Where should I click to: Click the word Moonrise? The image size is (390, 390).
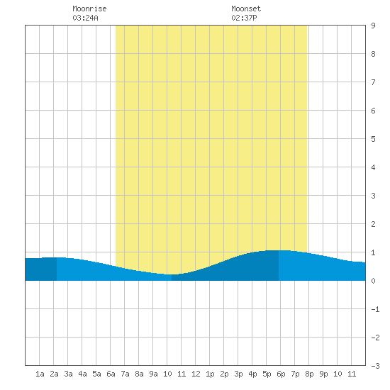point(89,9)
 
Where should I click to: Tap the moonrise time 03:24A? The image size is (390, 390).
point(85,18)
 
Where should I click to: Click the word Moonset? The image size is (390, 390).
point(246,9)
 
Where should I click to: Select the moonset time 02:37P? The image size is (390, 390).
point(244,18)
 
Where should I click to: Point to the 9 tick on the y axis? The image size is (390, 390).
point(373,26)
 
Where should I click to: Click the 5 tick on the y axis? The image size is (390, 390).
point(373,139)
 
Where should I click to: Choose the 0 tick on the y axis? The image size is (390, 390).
point(373,281)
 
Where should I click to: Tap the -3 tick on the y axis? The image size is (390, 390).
point(376,366)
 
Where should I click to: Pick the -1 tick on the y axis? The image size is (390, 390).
point(376,309)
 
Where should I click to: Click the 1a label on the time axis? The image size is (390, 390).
point(40,374)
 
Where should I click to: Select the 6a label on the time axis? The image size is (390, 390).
point(111,374)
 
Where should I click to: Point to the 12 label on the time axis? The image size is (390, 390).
point(196,374)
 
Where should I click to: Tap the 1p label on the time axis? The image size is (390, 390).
point(210,374)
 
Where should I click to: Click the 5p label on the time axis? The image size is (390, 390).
point(267,374)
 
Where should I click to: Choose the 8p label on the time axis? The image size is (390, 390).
point(309,374)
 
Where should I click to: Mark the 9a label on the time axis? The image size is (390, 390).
point(153,374)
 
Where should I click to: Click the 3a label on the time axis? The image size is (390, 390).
point(68,374)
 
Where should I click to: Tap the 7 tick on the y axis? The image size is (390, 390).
point(373,82)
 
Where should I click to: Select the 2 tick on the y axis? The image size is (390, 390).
point(373,224)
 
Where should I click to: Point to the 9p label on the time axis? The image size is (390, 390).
point(323,374)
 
